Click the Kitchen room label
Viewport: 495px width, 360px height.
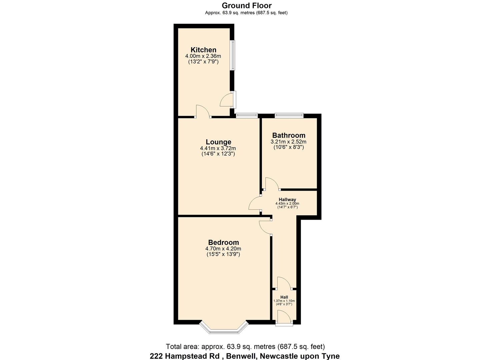(203, 50)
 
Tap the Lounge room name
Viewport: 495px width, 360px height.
(218, 142)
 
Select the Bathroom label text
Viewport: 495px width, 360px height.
(288, 135)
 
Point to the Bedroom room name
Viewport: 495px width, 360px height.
(223, 242)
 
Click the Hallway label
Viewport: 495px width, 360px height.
(287, 200)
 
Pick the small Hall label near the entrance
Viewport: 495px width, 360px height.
(284, 297)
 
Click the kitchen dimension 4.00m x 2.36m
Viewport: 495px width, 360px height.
(203, 56)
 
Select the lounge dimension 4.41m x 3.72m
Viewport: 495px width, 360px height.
(218, 148)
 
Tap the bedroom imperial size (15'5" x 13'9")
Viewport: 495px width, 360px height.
(223, 254)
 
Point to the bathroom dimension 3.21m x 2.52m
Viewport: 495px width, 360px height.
(288, 142)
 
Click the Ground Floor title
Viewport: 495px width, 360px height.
(246, 5)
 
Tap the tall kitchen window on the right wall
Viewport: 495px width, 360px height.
(233, 55)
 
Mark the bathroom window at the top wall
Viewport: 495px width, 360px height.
(289, 116)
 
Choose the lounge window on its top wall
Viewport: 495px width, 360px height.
(247, 116)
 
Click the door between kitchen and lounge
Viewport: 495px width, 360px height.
(202, 112)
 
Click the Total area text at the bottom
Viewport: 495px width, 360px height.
(245, 347)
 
